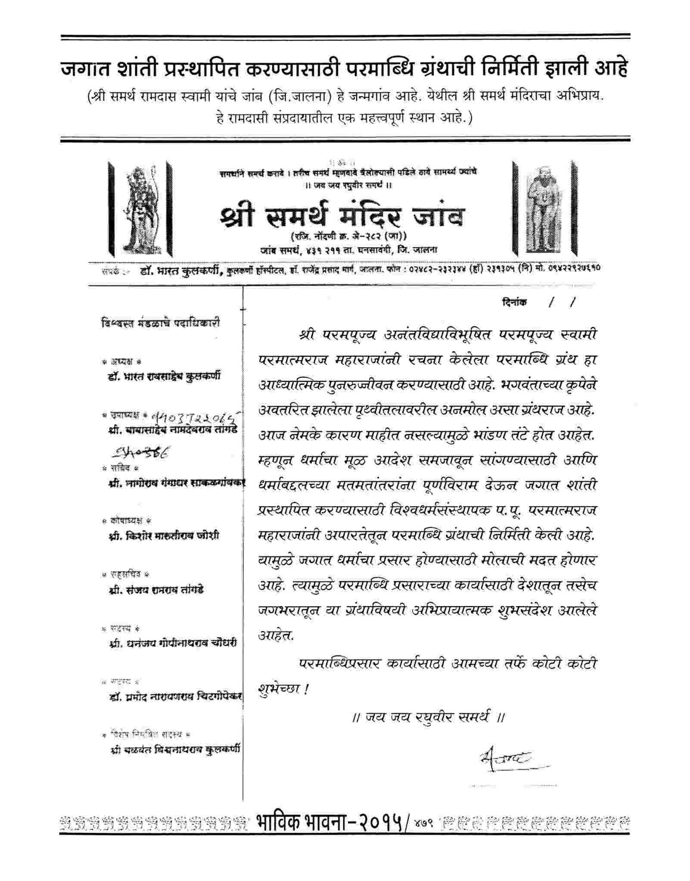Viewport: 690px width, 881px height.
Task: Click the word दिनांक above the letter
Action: click(x=514, y=302)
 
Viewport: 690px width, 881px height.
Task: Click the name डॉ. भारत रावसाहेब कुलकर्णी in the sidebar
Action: click(x=164, y=376)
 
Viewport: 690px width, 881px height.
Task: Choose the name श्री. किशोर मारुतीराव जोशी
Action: click(x=164, y=536)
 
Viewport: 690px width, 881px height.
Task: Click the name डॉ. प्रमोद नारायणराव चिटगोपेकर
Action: click(x=176, y=696)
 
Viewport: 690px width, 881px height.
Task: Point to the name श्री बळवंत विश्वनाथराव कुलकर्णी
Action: click(x=175, y=750)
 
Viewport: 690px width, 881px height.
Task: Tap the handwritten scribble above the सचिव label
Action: click(x=140, y=452)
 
